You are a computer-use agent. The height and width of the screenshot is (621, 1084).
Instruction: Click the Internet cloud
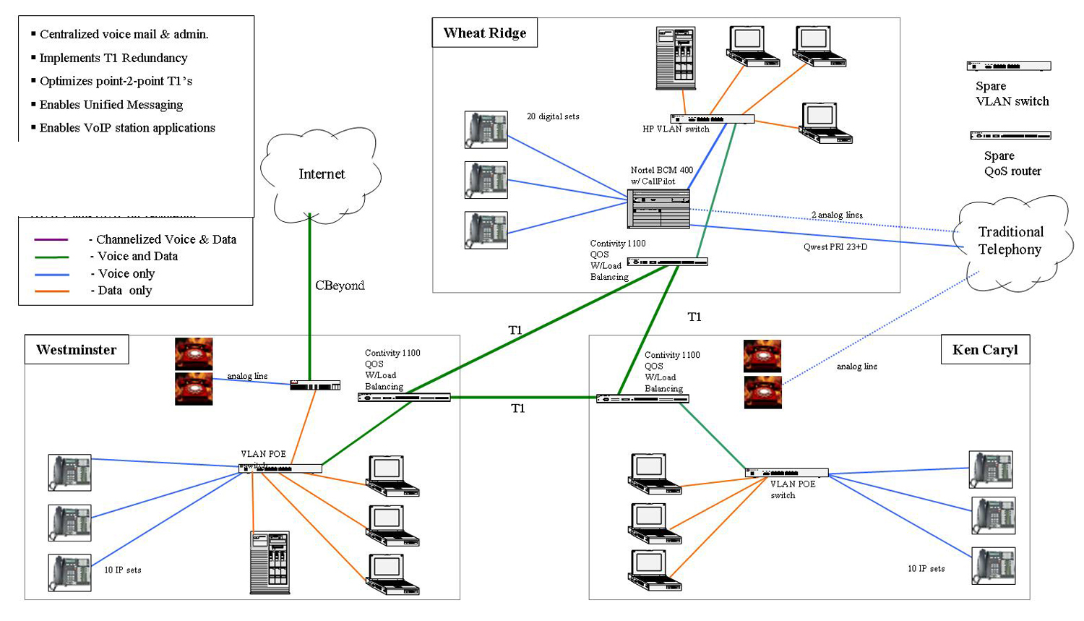(321, 174)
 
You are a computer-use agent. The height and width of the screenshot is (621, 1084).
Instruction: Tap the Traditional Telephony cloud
(1010, 241)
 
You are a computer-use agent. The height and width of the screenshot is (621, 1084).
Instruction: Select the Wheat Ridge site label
(485, 33)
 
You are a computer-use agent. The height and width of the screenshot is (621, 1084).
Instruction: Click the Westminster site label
(77, 350)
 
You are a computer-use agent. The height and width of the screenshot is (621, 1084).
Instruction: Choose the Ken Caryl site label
(985, 350)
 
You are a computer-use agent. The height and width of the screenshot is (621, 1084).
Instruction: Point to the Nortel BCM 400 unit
(658, 208)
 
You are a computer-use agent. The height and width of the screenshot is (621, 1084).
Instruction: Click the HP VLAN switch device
(713, 119)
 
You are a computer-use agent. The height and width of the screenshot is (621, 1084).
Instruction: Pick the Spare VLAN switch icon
(1009, 66)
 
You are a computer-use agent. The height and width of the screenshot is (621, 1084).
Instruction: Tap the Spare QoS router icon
(1010, 135)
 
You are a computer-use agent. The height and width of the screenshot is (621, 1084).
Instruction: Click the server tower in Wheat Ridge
(676, 58)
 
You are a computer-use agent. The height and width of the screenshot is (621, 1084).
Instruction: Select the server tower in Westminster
(270, 562)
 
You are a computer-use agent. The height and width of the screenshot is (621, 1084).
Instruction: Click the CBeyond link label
(340, 286)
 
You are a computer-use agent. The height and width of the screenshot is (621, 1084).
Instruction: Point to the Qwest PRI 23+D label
(835, 247)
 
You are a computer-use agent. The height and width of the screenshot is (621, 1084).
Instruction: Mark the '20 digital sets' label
(553, 116)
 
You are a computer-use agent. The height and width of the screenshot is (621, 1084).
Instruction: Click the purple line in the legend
(51, 239)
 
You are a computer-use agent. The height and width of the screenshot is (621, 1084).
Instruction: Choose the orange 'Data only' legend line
(51, 291)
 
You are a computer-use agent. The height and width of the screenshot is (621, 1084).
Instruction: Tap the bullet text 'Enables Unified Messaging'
(111, 105)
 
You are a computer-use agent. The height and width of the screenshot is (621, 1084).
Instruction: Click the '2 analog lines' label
(837, 215)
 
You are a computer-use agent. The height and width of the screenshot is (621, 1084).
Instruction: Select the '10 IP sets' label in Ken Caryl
(926, 569)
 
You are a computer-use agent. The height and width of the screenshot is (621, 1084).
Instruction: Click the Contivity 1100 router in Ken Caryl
(642, 398)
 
